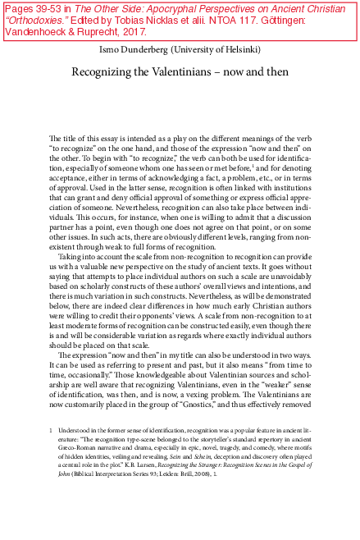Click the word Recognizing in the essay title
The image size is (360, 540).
[108, 71]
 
